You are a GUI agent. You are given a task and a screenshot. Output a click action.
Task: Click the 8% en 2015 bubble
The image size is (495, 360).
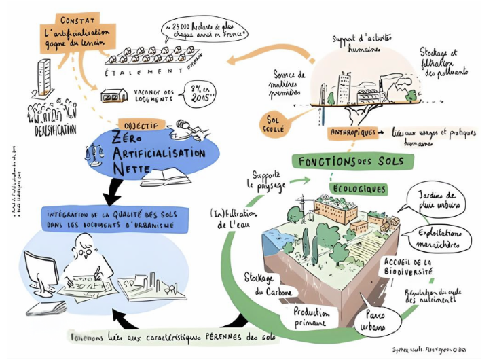pyautogui.click(x=198, y=92)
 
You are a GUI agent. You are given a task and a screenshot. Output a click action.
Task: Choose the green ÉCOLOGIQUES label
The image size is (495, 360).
pyautogui.click(x=359, y=188)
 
